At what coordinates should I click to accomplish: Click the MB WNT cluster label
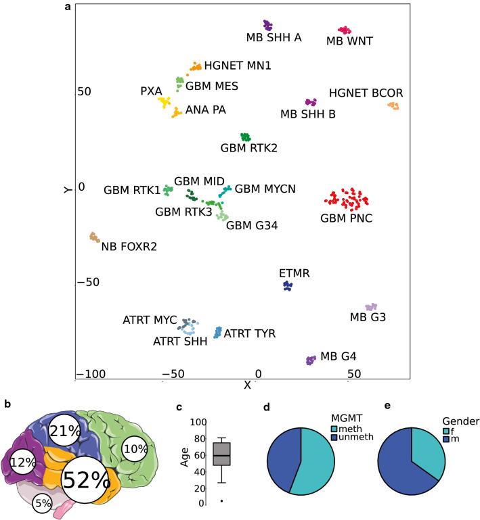pyautogui.click(x=349, y=41)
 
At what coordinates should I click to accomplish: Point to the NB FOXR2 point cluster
pyautogui.click(x=94, y=237)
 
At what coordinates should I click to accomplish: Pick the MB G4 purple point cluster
pyautogui.click(x=311, y=360)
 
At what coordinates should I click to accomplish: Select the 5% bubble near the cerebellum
pyautogui.click(x=43, y=502)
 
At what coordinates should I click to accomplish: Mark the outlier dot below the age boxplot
pyautogui.click(x=221, y=501)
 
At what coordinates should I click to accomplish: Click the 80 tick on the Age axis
pyautogui.click(x=199, y=438)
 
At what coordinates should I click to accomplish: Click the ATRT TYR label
pyautogui.click(x=250, y=333)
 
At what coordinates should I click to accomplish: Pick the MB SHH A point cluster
pyautogui.click(x=268, y=26)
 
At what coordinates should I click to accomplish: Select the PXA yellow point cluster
pyautogui.click(x=165, y=102)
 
